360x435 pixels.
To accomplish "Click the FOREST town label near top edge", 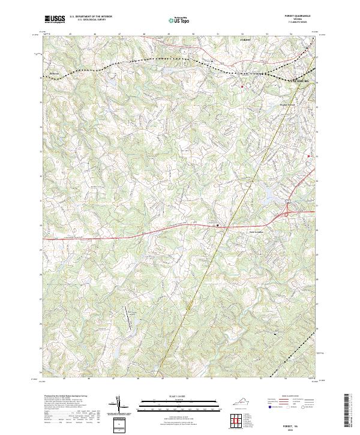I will click(244, 38).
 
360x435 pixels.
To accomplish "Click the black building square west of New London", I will click(217, 226).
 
